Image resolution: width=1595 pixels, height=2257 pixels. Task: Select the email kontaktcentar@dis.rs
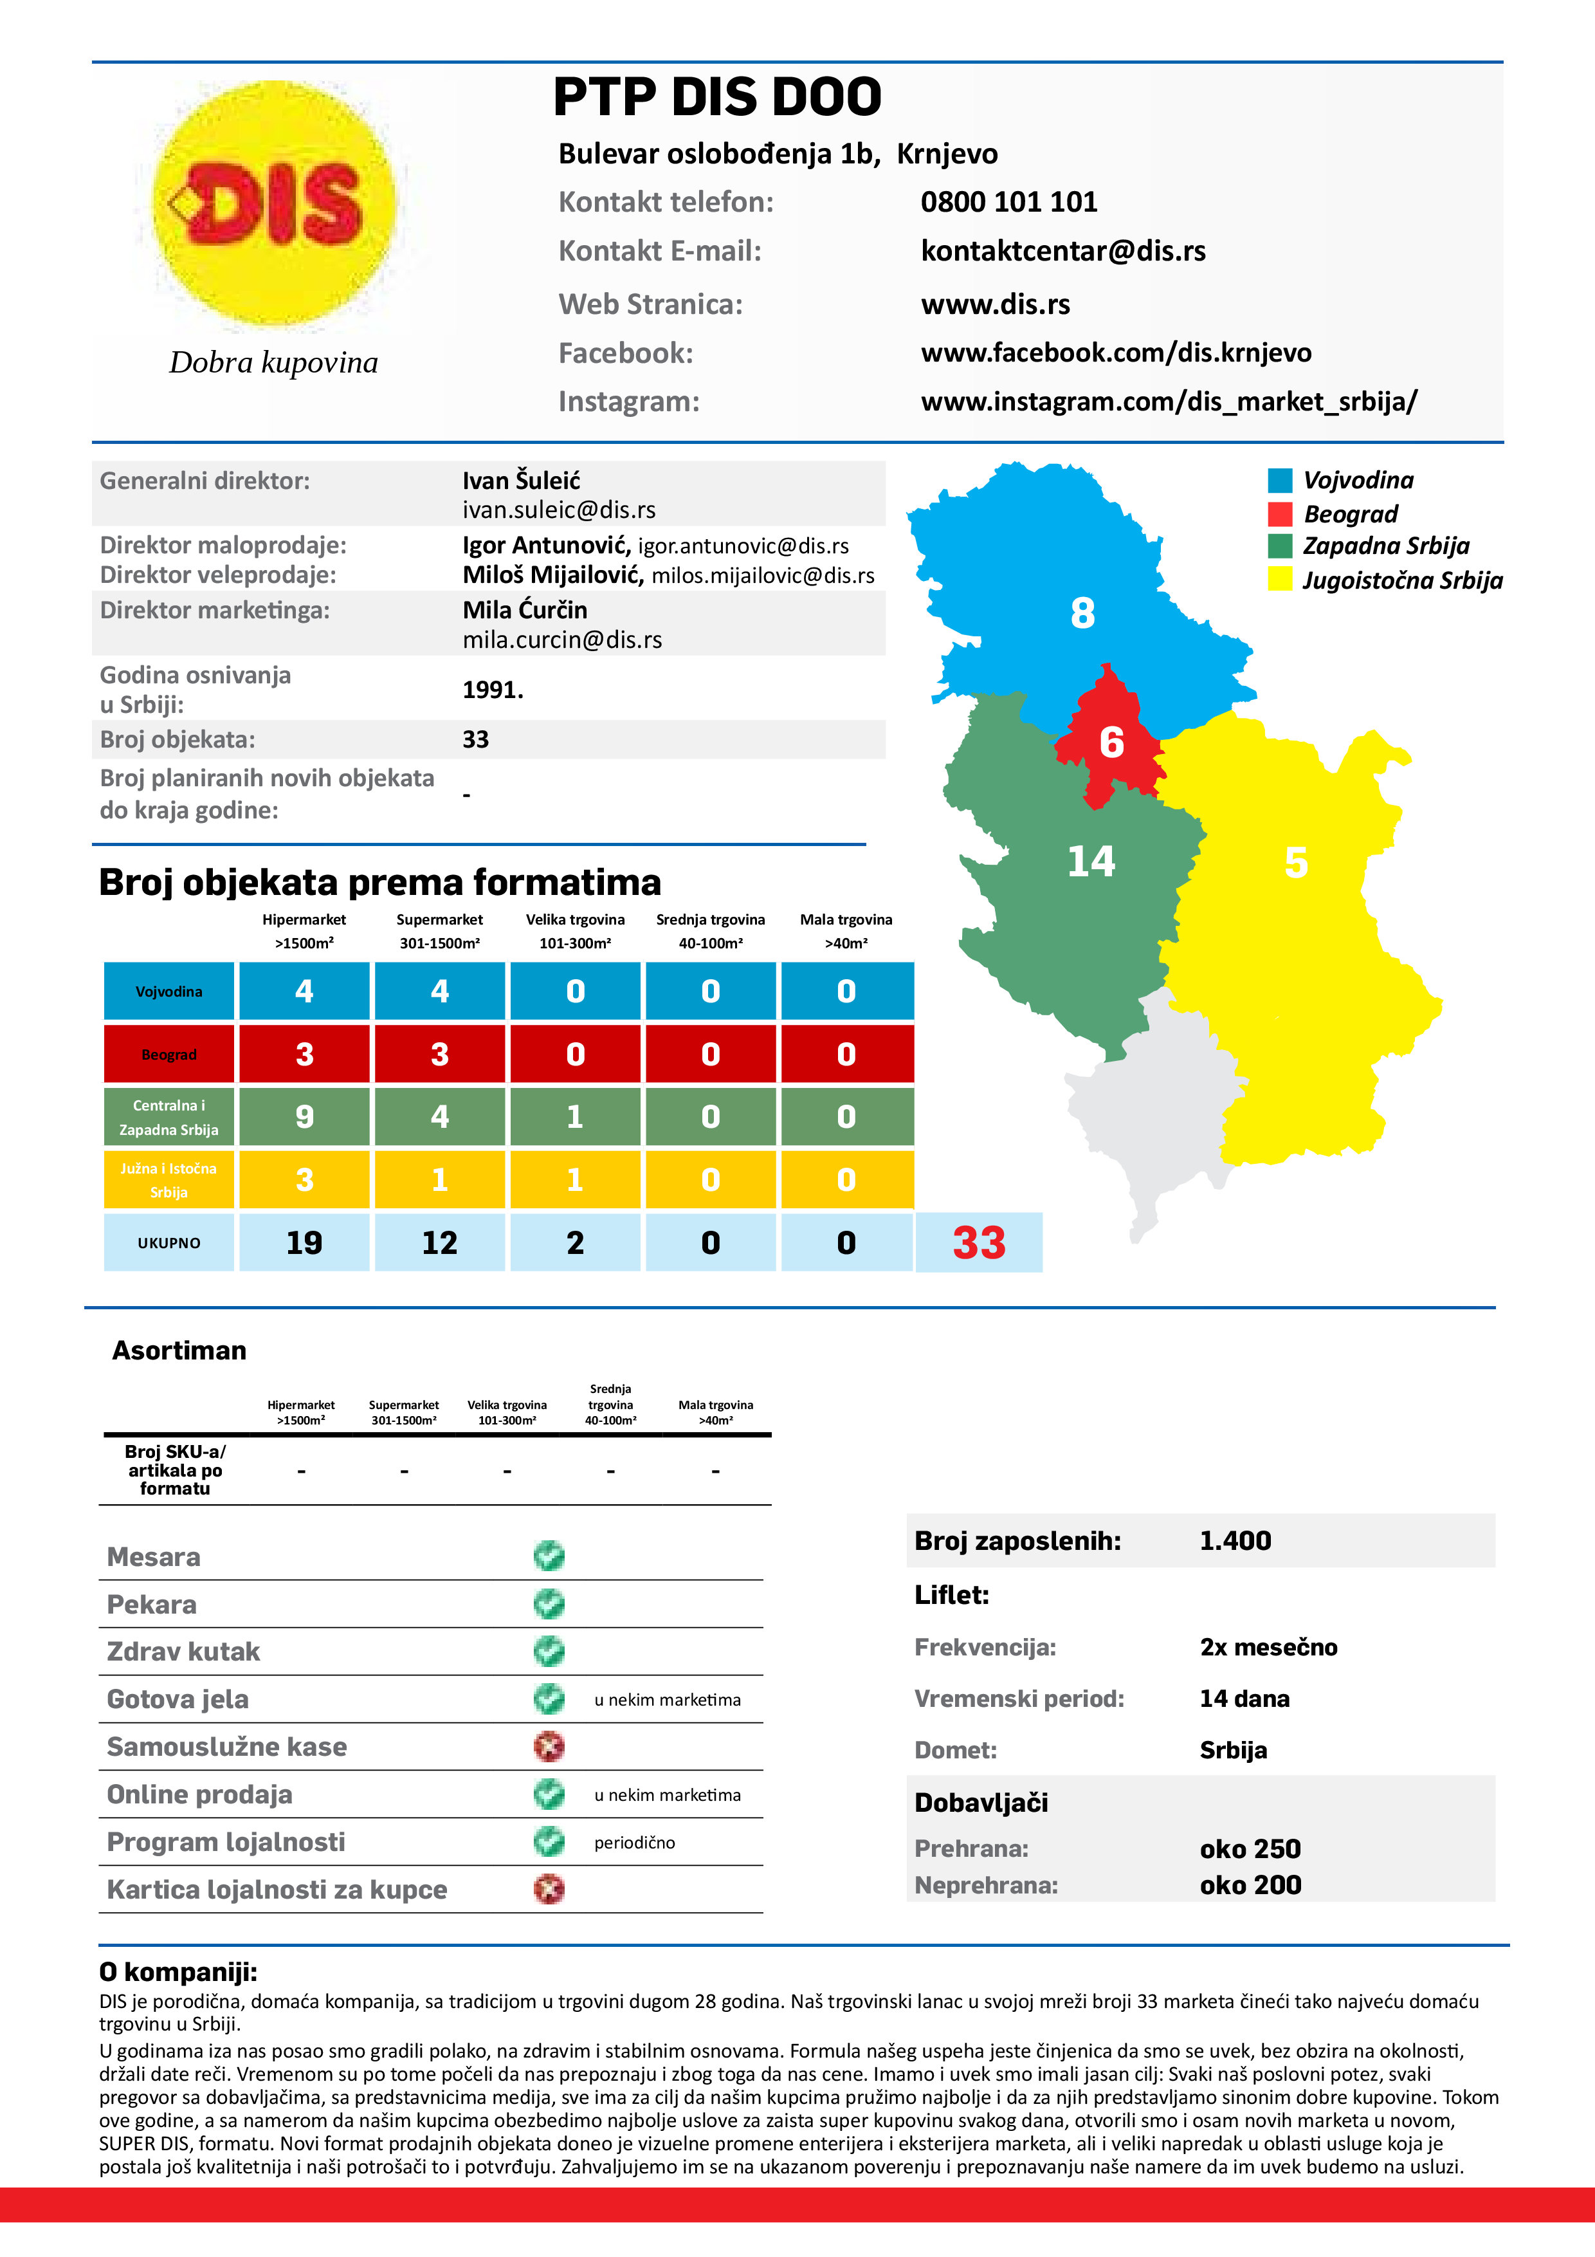pos(1062,252)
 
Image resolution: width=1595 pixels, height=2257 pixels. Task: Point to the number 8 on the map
pos(1082,613)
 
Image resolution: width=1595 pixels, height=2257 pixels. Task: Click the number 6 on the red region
pos(1111,742)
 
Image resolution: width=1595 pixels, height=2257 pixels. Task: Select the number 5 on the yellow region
pos(1296,863)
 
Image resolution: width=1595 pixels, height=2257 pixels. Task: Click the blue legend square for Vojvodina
pos(1280,481)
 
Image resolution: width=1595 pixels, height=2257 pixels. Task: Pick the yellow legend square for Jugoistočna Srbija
pos(1280,579)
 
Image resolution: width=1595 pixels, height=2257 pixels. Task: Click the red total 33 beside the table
pos(979,1242)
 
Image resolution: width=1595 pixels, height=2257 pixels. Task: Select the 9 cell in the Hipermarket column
pos(305,1117)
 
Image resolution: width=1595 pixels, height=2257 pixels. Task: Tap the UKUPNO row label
pos(169,1242)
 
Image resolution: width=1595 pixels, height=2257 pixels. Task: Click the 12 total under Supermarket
pos(439,1242)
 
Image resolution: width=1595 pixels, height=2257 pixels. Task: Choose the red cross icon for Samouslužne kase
pos(549,1747)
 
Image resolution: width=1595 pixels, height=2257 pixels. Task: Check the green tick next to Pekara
pos(549,1604)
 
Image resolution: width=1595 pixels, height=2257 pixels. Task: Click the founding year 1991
pos(493,690)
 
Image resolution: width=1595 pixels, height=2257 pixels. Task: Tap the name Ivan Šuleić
pos(521,481)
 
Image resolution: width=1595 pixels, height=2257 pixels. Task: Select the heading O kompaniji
pos(178,1972)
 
